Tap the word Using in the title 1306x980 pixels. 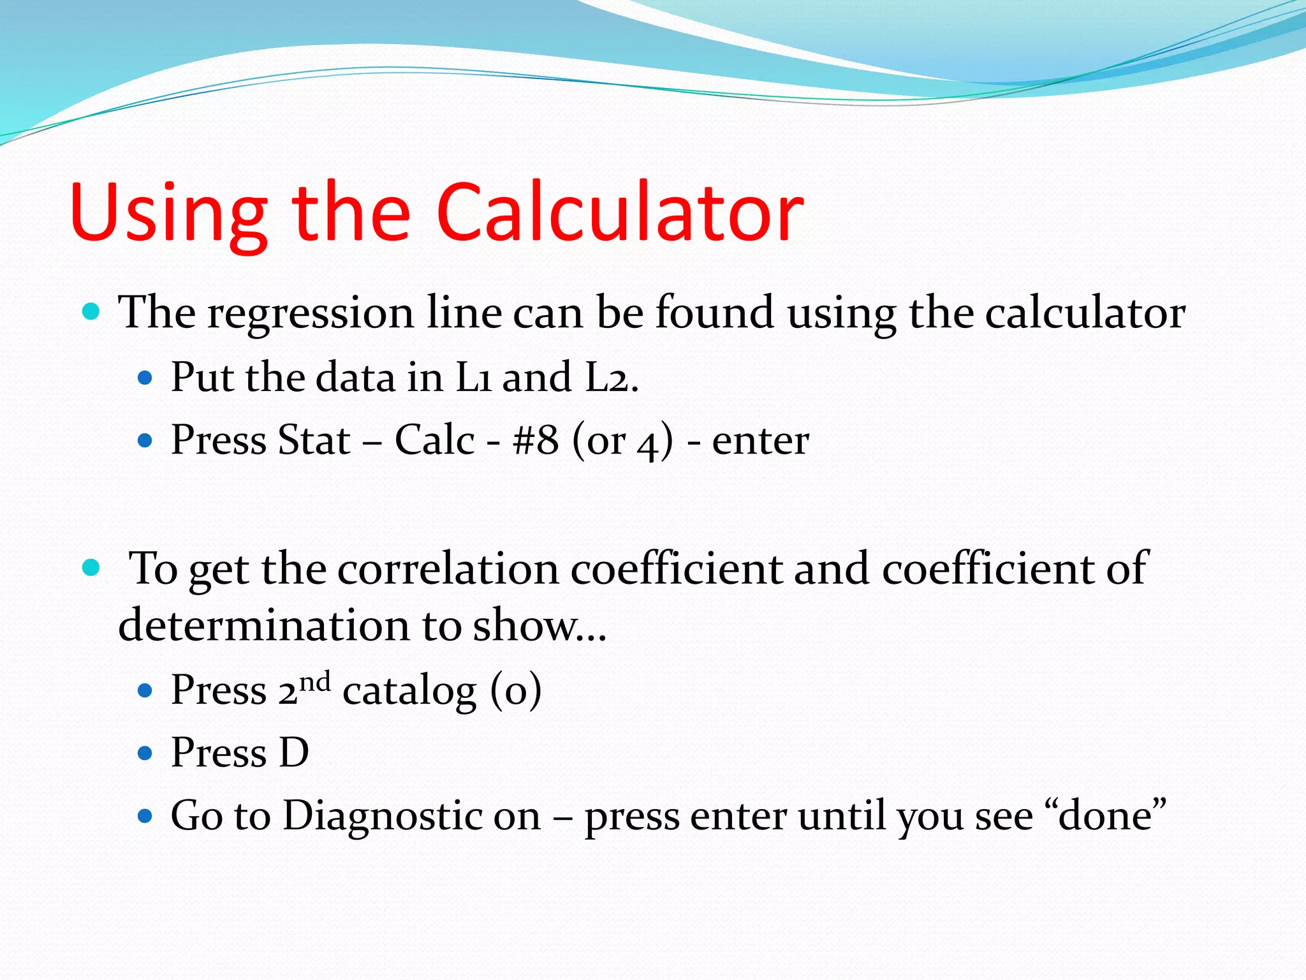click(x=169, y=214)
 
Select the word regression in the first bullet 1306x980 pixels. click(x=311, y=314)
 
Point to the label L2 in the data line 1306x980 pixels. click(x=609, y=377)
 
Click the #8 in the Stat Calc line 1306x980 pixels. click(x=536, y=440)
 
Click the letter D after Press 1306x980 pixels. click(x=294, y=753)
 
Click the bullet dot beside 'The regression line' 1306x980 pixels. click(x=92, y=312)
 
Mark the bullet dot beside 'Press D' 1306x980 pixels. click(x=145, y=754)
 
